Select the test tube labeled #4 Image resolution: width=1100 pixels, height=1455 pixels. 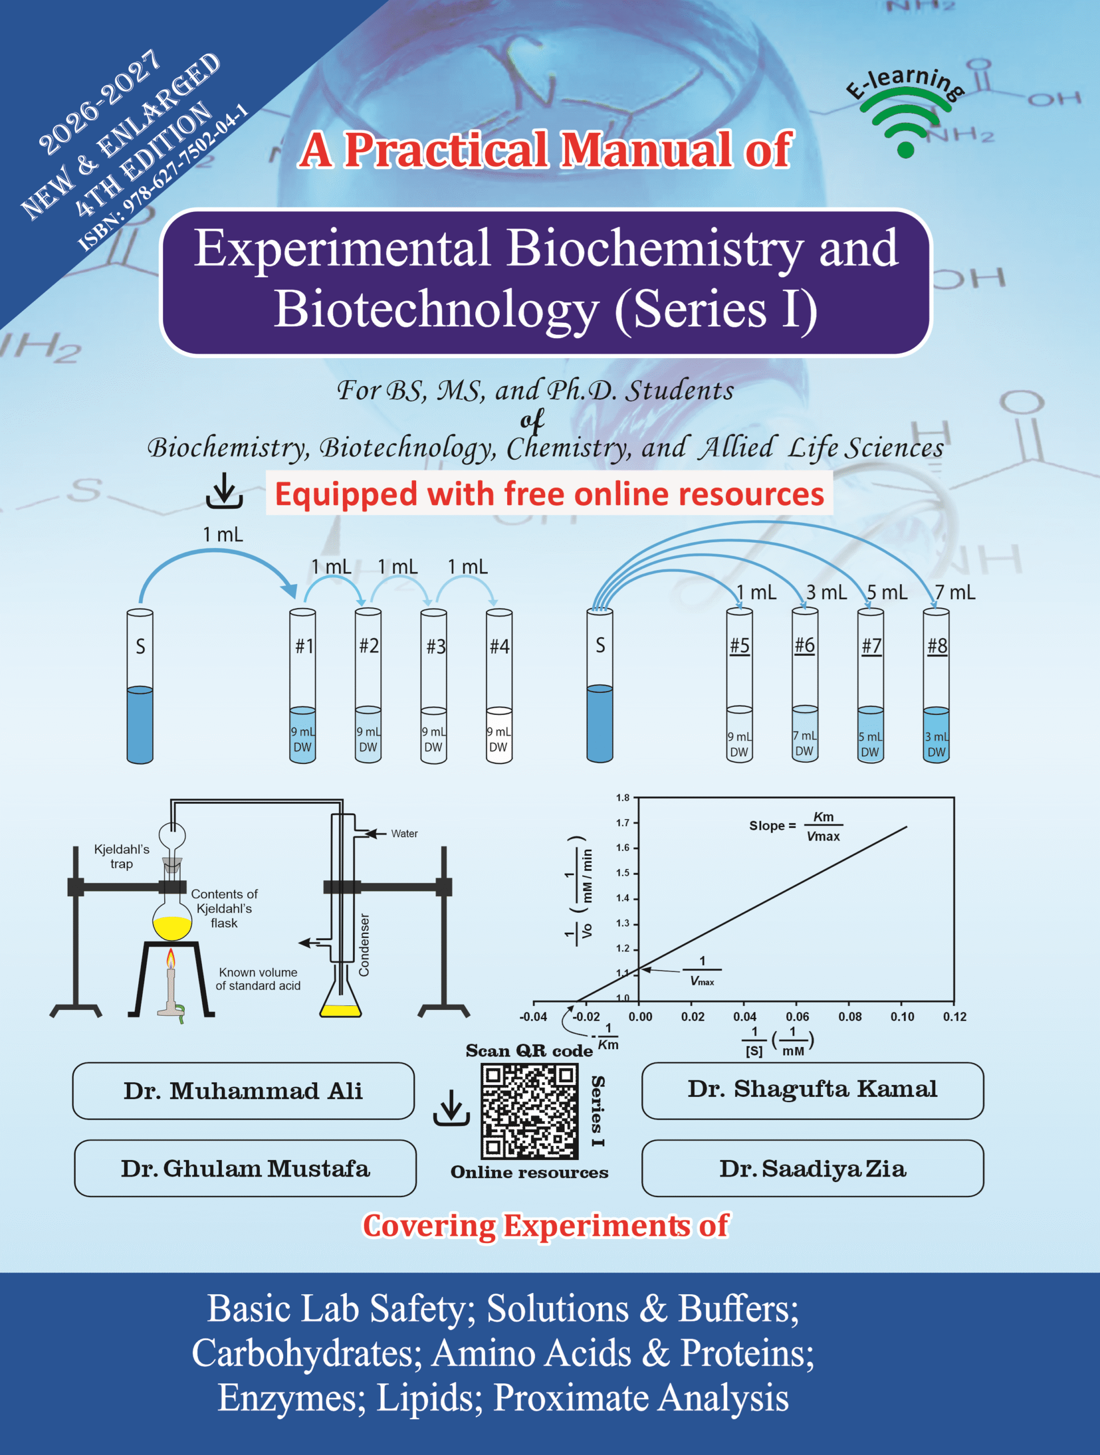499,686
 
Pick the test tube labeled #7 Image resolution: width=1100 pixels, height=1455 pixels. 870,685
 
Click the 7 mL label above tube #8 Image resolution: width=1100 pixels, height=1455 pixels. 955,593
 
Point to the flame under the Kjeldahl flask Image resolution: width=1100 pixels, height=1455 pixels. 171,958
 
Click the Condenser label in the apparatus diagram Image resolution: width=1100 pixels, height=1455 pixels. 364,945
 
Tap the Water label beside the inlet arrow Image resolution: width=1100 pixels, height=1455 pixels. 405,833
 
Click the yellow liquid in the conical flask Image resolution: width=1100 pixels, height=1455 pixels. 341,1011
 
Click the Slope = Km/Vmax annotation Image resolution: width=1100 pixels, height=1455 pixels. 796,826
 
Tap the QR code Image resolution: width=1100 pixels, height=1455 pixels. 530,1112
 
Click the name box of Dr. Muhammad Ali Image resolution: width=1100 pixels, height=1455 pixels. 243,1091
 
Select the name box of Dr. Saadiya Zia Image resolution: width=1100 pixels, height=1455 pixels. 812,1168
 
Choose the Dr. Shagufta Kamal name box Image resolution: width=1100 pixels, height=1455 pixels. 812,1091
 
